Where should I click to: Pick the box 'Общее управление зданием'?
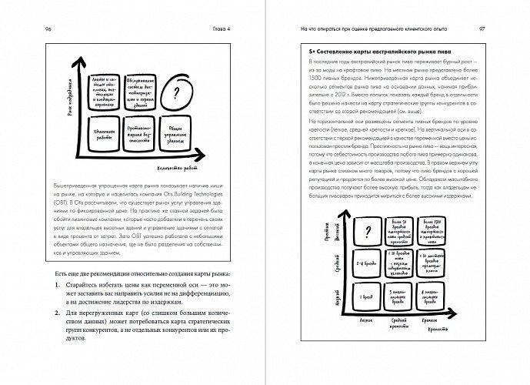pyautogui.click(x=178, y=139)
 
